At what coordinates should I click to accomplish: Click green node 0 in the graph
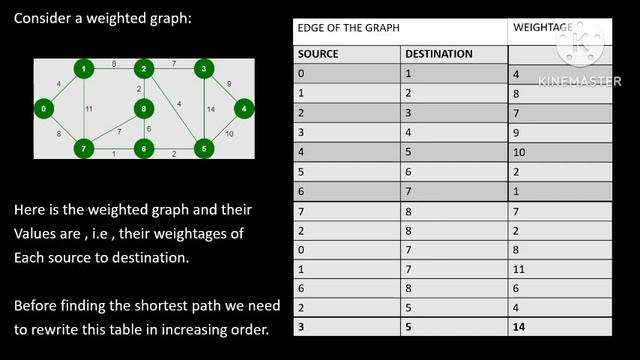(x=44, y=108)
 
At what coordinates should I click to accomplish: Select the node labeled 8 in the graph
(x=144, y=108)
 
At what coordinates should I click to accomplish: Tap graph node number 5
(x=204, y=149)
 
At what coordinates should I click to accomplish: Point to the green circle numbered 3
(x=204, y=69)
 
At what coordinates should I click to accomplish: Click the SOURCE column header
(x=319, y=53)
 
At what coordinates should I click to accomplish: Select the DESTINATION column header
(x=437, y=53)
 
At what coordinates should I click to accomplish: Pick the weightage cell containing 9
(x=516, y=132)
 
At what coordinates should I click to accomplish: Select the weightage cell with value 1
(x=516, y=189)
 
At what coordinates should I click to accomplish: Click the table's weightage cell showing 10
(x=518, y=151)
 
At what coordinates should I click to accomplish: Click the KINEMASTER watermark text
(x=579, y=81)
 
